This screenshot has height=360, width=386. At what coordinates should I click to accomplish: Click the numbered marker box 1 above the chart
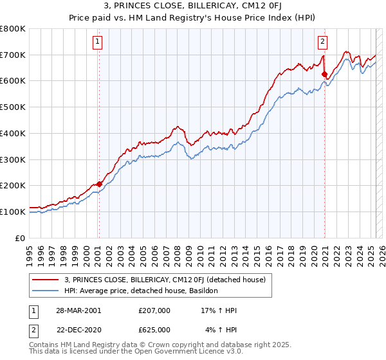97,42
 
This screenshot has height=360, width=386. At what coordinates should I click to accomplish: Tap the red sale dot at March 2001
99,183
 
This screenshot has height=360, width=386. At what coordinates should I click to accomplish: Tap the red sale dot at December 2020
324,73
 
